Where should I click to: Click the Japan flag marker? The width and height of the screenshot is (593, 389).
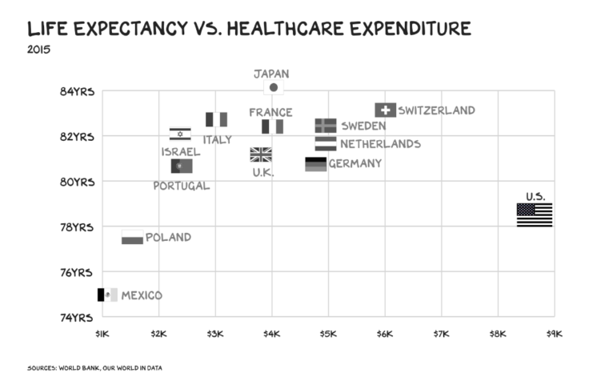(x=274, y=87)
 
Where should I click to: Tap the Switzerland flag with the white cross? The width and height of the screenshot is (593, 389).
(x=385, y=110)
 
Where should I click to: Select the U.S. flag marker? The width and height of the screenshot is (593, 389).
(x=534, y=215)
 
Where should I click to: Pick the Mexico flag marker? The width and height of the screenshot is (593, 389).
(x=107, y=295)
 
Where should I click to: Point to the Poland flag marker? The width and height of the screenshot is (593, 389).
(x=132, y=237)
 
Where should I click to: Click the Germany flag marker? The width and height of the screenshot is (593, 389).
(x=316, y=164)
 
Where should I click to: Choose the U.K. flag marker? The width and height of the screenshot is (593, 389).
(x=261, y=154)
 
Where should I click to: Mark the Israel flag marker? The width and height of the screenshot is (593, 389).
(x=180, y=134)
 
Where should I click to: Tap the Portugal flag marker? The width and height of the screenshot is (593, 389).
(x=182, y=166)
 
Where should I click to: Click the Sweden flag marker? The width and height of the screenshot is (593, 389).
(x=326, y=126)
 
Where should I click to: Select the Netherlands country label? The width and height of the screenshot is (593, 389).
(x=380, y=144)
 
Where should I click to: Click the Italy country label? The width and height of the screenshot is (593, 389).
(x=217, y=139)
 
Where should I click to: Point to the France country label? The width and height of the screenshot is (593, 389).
(x=270, y=112)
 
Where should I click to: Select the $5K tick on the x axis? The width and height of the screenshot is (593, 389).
(x=328, y=333)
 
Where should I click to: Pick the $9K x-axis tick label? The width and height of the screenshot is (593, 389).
(x=555, y=333)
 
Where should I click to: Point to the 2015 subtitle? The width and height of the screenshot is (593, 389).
(x=38, y=51)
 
